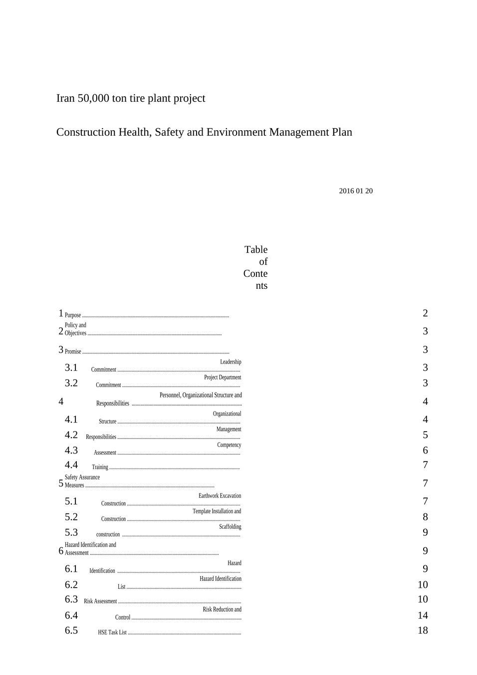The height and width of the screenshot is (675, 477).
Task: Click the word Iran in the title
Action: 65,98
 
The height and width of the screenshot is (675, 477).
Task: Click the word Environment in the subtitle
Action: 237,132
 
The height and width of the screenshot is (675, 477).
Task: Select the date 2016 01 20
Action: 356,191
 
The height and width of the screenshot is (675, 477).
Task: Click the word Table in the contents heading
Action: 256,249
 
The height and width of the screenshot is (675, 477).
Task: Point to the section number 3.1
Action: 71,368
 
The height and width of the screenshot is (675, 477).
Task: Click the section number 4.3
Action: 71,450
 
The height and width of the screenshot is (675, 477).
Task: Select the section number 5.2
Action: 71,517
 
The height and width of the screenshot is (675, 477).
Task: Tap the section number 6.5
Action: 71,631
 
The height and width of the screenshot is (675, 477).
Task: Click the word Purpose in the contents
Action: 73,315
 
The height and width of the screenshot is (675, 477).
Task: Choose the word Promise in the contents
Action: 73,352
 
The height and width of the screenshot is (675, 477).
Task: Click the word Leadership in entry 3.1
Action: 231,362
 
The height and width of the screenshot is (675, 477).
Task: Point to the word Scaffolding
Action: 230,527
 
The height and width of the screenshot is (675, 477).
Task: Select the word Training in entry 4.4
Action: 100,467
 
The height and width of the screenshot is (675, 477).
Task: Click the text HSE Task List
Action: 112,633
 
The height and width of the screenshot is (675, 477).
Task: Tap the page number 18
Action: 423,631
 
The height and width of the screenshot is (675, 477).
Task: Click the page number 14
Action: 423,616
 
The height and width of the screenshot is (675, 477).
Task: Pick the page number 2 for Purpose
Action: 425,313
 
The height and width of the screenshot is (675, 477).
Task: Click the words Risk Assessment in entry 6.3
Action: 100,602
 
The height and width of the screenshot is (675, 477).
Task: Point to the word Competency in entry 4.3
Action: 229,445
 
